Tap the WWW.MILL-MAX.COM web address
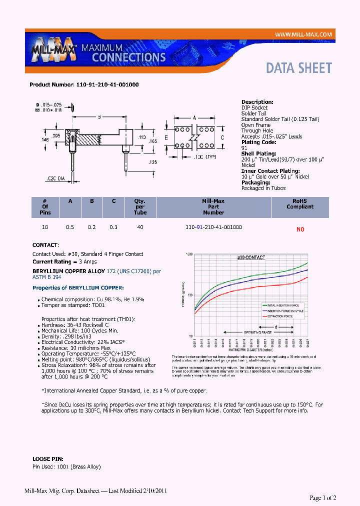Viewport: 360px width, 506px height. (303, 34)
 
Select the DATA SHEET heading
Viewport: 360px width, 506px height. (298, 68)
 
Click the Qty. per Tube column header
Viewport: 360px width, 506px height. (140, 206)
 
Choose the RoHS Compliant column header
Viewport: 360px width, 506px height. (300, 203)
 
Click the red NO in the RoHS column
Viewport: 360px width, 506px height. (300, 229)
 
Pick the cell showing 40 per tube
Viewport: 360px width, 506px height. (140, 227)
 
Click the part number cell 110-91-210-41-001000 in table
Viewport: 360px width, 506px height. (213, 227)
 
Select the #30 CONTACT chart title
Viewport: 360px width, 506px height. (250, 257)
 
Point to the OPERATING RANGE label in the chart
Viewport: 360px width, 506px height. (257, 332)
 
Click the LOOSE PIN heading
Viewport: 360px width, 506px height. (48, 458)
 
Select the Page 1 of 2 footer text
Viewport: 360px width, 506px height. (323, 497)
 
